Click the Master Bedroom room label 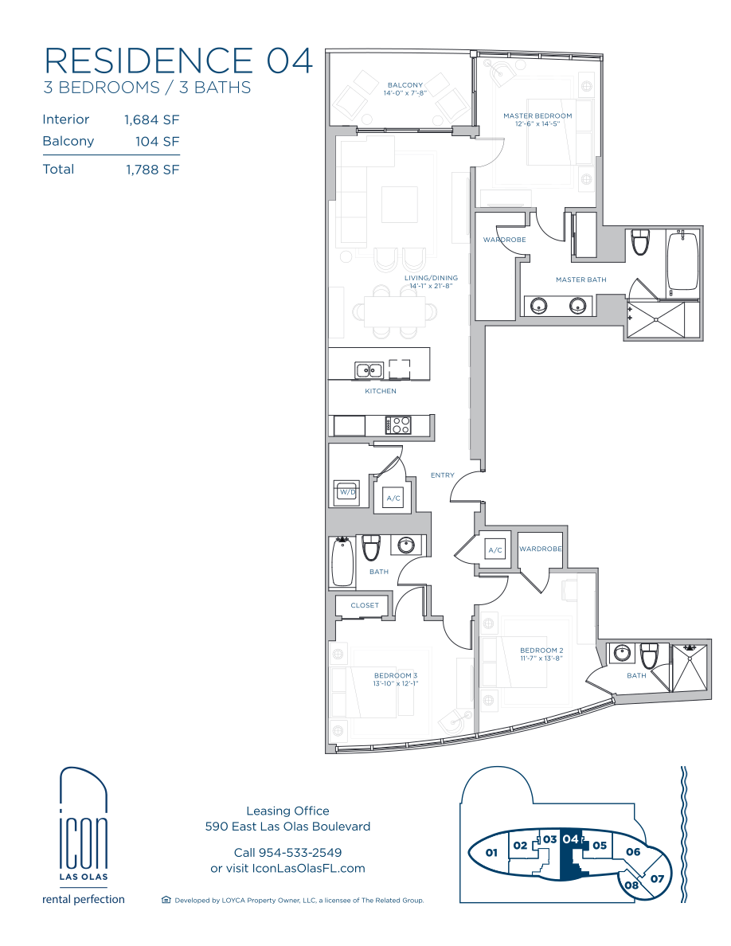pyautogui.click(x=537, y=115)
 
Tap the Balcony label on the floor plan pyautogui.click(x=405, y=85)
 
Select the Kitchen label pyautogui.click(x=381, y=391)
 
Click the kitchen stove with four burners pyautogui.click(x=398, y=425)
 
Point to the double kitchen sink pyautogui.click(x=369, y=369)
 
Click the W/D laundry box pyautogui.click(x=347, y=493)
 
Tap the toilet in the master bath pyautogui.click(x=639, y=242)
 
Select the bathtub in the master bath pyautogui.click(x=682, y=262)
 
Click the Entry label pyautogui.click(x=443, y=475)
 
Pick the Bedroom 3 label pyautogui.click(x=396, y=676)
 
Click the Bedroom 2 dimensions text pyautogui.click(x=541, y=659)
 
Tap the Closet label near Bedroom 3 pyautogui.click(x=365, y=605)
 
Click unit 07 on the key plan pyautogui.click(x=657, y=878)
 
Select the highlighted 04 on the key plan pyautogui.click(x=571, y=839)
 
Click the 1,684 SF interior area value pyautogui.click(x=152, y=120)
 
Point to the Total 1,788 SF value pyautogui.click(x=153, y=170)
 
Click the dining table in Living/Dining pyautogui.click(x=394, y=312)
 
